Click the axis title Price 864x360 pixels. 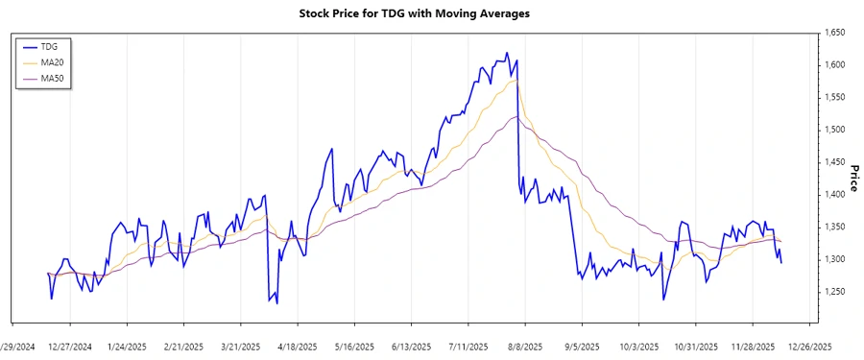coord(853,178)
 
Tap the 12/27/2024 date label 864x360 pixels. coord(70,346)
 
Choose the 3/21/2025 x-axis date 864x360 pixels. coord(240,346)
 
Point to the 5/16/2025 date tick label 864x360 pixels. coord(353,346)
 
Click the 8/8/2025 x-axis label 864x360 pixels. coord(525,346)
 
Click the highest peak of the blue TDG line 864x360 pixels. coord(507,54)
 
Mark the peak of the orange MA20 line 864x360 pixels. coord(516,81)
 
